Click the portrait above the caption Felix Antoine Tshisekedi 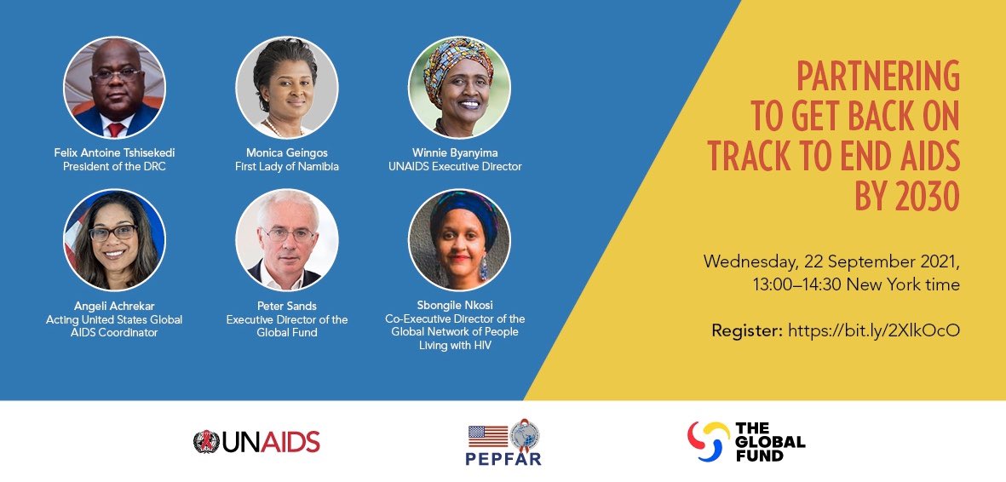point(114,88)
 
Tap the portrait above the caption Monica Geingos point(287,88)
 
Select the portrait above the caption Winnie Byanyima point(459,88)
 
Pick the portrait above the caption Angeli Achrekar point(114,240)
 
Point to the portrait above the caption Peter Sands point(287,240)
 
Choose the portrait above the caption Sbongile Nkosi point(459,240)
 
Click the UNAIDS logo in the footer point(256,441)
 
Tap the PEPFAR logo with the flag point(504,444)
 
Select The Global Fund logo point(746,441)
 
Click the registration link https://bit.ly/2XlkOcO point(874,330)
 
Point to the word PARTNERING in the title point(877,77)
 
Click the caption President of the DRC point(114,167)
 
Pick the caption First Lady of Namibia point(287,167)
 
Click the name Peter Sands point(287,306)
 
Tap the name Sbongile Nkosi point(459,306)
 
